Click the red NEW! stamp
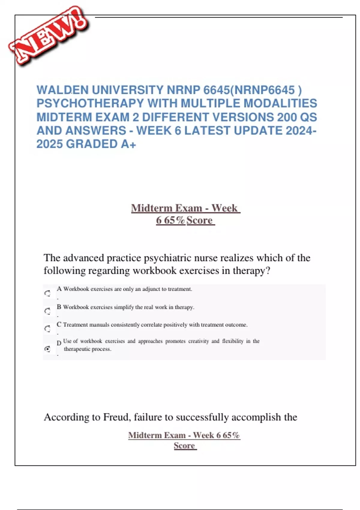tap(48, 36)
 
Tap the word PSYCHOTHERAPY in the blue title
tap(90, 103)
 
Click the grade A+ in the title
tap(129, 144)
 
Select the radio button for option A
tap(47, 293)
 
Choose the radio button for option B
tap(47, 311)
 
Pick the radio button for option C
tap(47, 329)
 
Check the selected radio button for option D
tap(47, 349)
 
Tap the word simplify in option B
tap(124, 307)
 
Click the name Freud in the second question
tap(115, 417)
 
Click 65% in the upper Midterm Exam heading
tap(174, 220)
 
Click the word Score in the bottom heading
tap(184, 446)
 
